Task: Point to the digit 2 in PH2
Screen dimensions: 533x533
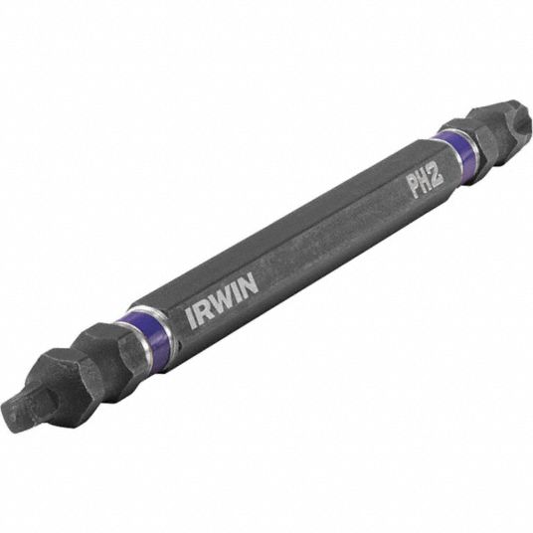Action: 438,176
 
